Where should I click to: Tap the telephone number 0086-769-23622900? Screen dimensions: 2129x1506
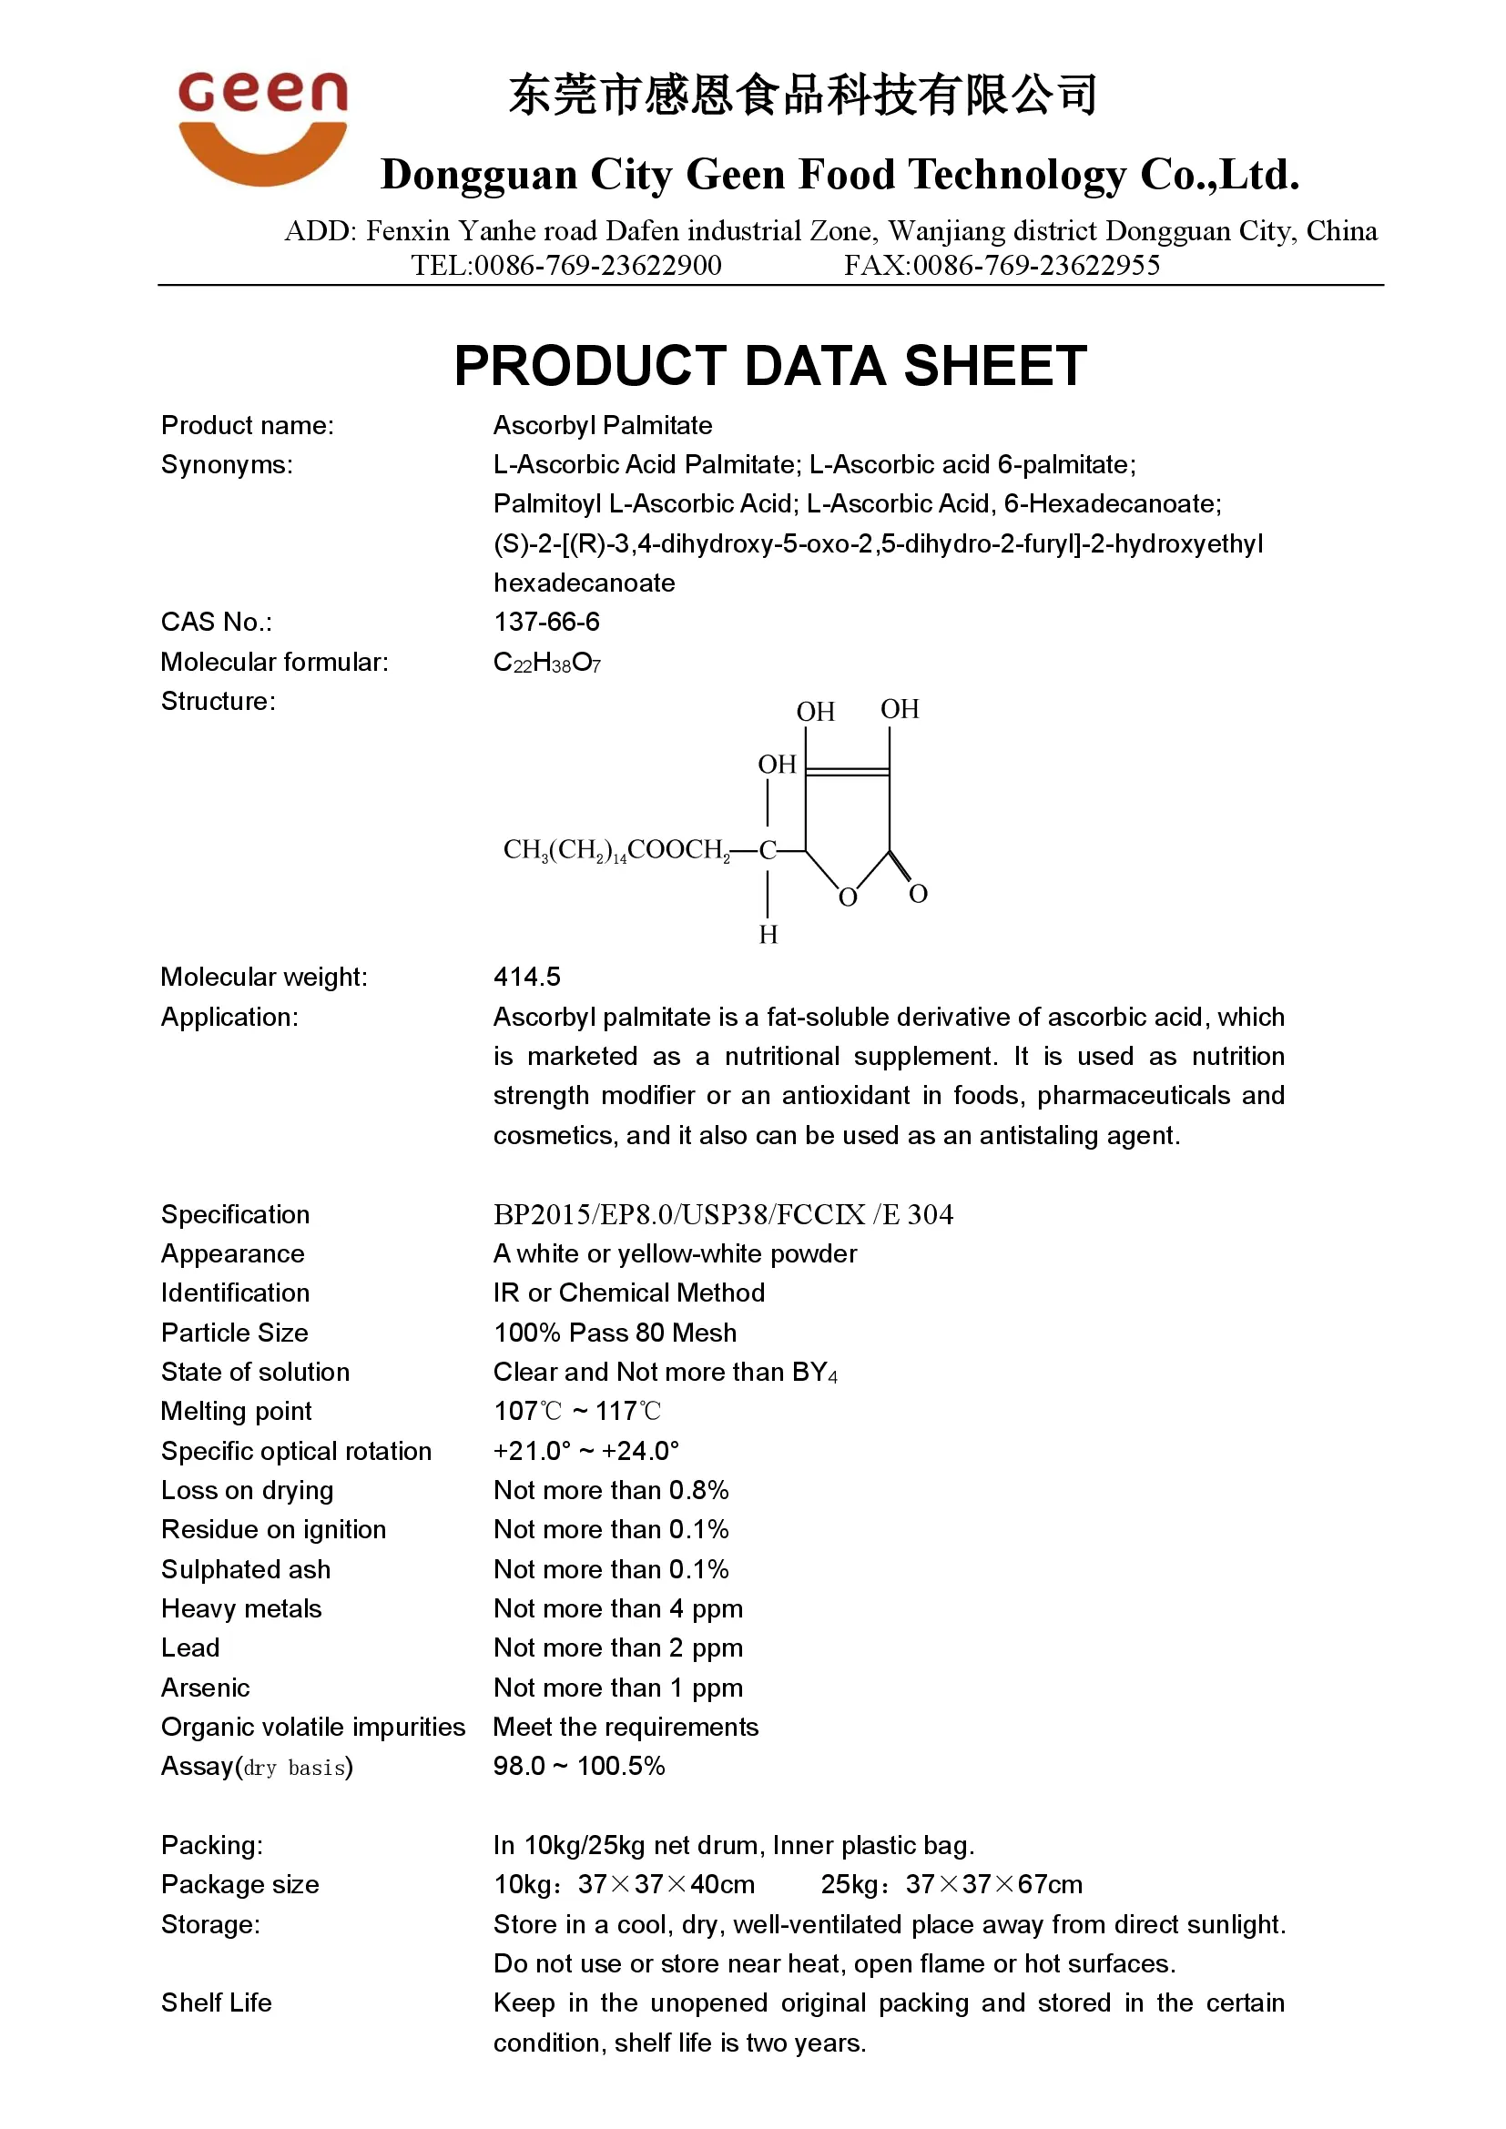(597, 266)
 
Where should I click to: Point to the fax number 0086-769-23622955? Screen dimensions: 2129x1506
(1036, 266)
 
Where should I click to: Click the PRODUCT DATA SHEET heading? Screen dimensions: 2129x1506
(769, 365)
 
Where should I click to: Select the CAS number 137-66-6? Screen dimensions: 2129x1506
(546, 623)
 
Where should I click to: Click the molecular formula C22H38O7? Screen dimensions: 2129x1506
(547, 662)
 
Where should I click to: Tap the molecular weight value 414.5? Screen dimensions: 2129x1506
(526, 977)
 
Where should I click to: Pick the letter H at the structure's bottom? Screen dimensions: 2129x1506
(768, 935)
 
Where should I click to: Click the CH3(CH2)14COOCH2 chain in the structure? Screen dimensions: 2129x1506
(616, 850)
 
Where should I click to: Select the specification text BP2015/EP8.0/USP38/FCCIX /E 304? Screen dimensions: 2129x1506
(722, 1215)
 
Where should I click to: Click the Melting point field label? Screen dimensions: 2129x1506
(237, 1412)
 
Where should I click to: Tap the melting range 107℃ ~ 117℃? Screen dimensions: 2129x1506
(576, 1412)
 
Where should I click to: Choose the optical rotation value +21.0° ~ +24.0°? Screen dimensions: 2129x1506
(586, 1451)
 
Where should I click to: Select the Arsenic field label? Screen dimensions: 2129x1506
(206, 1688)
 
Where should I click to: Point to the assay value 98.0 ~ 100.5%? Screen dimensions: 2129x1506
(579, 1767)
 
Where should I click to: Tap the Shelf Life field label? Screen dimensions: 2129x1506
(216, 2002)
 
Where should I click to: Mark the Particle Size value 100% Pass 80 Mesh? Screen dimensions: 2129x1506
(615, 1333)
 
